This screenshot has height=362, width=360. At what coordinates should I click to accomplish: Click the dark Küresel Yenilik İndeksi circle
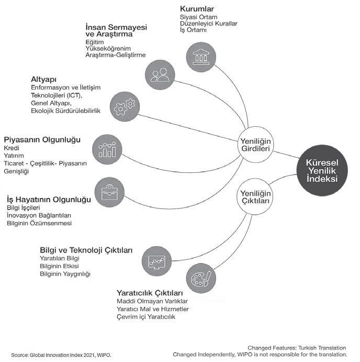tap(322, 170)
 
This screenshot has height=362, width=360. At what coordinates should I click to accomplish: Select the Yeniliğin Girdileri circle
tap(255, 145)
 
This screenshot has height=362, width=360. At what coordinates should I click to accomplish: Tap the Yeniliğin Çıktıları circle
tap(255, 196)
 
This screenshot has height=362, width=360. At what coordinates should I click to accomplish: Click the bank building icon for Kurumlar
tap(201, 57)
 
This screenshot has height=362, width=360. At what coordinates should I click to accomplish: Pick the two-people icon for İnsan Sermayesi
tap(160, 75)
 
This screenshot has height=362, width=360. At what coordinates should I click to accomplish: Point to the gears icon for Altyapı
tap(125, 106)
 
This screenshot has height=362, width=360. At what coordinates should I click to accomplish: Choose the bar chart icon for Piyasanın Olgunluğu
tap(107, 149)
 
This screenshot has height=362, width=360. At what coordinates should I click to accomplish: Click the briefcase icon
tap(109, 192)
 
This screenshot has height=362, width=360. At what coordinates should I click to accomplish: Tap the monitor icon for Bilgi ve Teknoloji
tap(157, 261)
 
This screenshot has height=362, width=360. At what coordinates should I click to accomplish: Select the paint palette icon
tap(201, 278)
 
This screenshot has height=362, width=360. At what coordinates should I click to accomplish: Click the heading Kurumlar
tap(197, 9)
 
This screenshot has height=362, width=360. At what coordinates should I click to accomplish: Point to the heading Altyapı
tap(43, 80)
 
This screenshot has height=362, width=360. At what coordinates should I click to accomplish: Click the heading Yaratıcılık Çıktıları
tap(150, 293)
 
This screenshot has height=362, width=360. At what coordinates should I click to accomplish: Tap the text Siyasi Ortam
tap(198, 17)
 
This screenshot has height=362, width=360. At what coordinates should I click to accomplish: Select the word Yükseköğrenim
tap(108, 49)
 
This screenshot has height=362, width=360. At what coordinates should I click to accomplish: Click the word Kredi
tap(12, 148)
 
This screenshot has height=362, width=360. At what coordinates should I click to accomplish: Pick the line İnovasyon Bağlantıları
tap(39, 215)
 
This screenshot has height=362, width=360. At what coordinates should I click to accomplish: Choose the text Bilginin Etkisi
tap(59, 266)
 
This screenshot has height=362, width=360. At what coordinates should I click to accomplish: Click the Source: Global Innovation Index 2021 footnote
tap(61, 355)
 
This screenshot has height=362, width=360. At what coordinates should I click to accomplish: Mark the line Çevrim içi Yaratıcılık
tap(146, 317)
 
